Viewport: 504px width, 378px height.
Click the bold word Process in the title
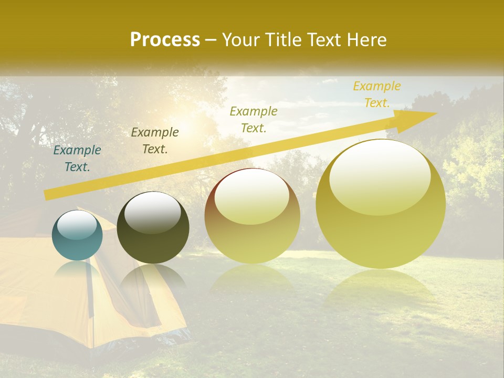pyautogui.click(x=165, y=40)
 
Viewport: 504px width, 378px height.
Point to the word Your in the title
pyautogui.click(x=240, y=40)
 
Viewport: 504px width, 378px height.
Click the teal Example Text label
pyautogui.click(x=77, y=159)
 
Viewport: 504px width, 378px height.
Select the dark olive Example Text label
pyautogui.click(x=155, y=141)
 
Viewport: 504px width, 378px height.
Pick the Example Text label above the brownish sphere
pyautogui.click(x=254, y=119)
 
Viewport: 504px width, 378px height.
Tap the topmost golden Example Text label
pyautogui.click(x=376, y=94)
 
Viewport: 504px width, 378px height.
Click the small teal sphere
pyautogui.click(x=77, y=235)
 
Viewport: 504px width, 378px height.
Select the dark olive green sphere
pyautogui.click(x=153, y=228)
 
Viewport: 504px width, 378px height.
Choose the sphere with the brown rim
pyautogui.click(x=252, y=215)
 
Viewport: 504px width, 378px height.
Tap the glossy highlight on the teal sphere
pyautogui.click(x=77, y=225)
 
